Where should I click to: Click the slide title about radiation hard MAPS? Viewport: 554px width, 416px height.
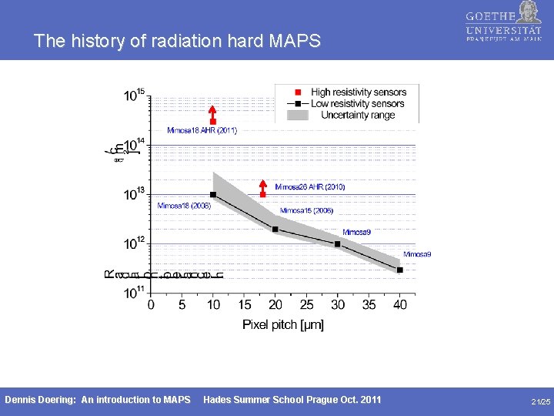point(177,41)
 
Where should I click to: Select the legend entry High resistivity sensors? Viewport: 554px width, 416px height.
point(358,92)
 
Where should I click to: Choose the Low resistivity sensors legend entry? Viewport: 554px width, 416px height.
point(358,103)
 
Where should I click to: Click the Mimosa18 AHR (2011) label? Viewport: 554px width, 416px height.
point(202,130)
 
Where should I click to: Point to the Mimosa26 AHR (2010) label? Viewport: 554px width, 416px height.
point(310,186)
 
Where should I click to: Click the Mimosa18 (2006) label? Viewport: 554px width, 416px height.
point(184,206)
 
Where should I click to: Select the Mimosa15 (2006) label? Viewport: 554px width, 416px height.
point(306,210)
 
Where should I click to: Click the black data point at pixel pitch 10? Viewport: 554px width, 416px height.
point(213,194)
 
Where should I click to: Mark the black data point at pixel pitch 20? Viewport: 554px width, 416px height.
point(275,229)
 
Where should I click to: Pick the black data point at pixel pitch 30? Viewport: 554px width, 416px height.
point(338,244)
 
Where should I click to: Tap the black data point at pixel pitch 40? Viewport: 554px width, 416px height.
point(400,270)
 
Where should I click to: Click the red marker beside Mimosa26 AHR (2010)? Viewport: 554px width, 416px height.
point(263,194)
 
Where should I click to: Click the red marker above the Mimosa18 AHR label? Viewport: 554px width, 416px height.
point(213,121)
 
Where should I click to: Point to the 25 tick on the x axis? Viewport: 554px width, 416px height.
point(306,305)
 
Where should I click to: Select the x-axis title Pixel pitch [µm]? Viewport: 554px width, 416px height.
point(283,324)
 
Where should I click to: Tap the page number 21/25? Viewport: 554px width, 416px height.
point(540,401)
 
